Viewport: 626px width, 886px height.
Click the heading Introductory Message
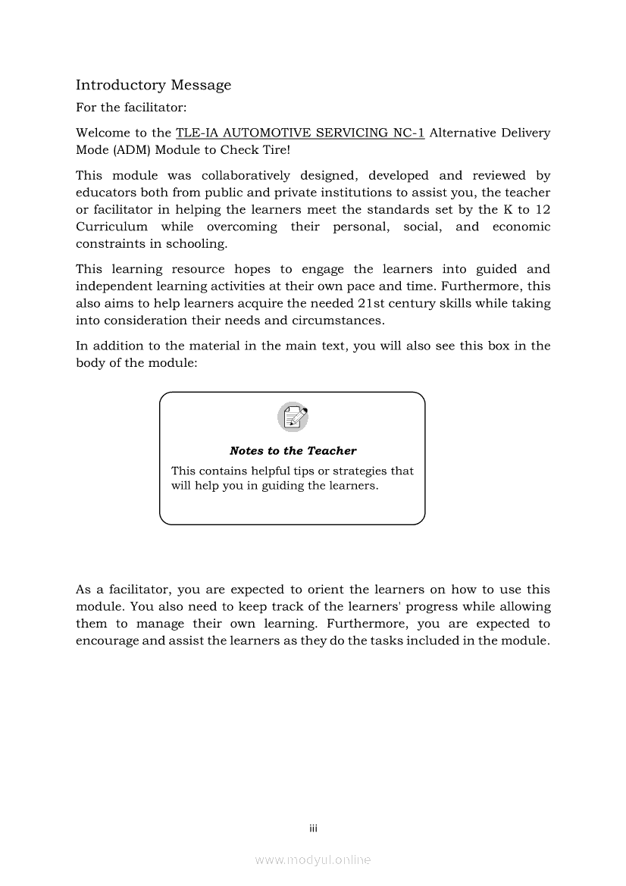[153, 85]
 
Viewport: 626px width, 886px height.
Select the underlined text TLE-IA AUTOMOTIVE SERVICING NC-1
[299, 133]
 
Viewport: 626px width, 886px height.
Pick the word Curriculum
[111, 227]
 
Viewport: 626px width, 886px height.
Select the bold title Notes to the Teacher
[293, 451]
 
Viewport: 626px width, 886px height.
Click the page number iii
[313, 828]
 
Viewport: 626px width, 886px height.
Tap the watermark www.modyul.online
[313, 860]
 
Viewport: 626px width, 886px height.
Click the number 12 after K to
[543, 210]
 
